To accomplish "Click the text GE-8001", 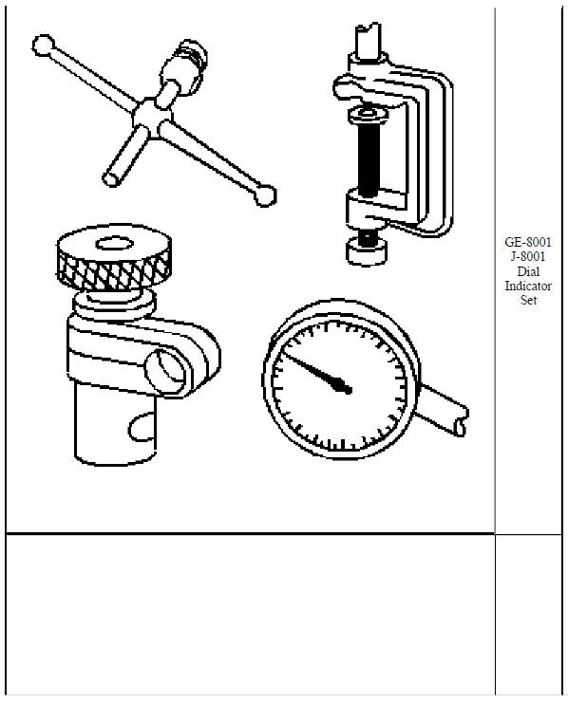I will pos(528,242).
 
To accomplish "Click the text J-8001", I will pos(528,256).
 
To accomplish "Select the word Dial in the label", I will pos(528,270).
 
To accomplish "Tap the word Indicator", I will pos(528,285).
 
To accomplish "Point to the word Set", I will pos(528,300).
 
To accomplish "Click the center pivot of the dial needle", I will pos(347,388).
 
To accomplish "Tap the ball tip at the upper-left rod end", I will pos(42,45).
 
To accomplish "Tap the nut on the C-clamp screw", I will pos(366,116).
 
